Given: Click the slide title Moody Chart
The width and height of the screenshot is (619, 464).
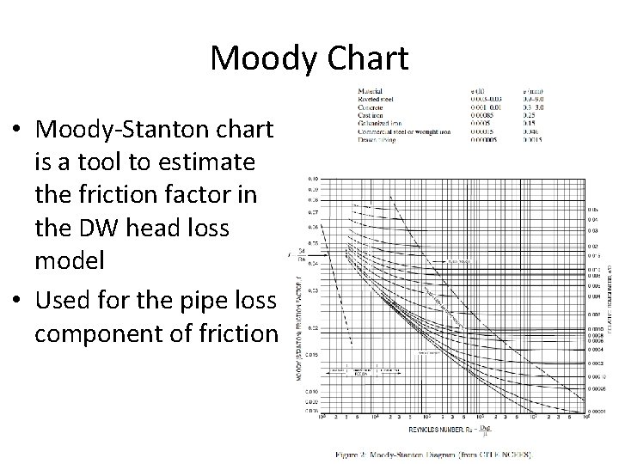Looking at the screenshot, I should (309, 58).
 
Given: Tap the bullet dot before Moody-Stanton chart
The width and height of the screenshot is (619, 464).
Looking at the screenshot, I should (17, 130).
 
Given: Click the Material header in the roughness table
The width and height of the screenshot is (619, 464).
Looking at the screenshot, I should (371, 89).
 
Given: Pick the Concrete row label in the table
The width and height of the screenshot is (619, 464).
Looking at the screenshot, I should (372, 107).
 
